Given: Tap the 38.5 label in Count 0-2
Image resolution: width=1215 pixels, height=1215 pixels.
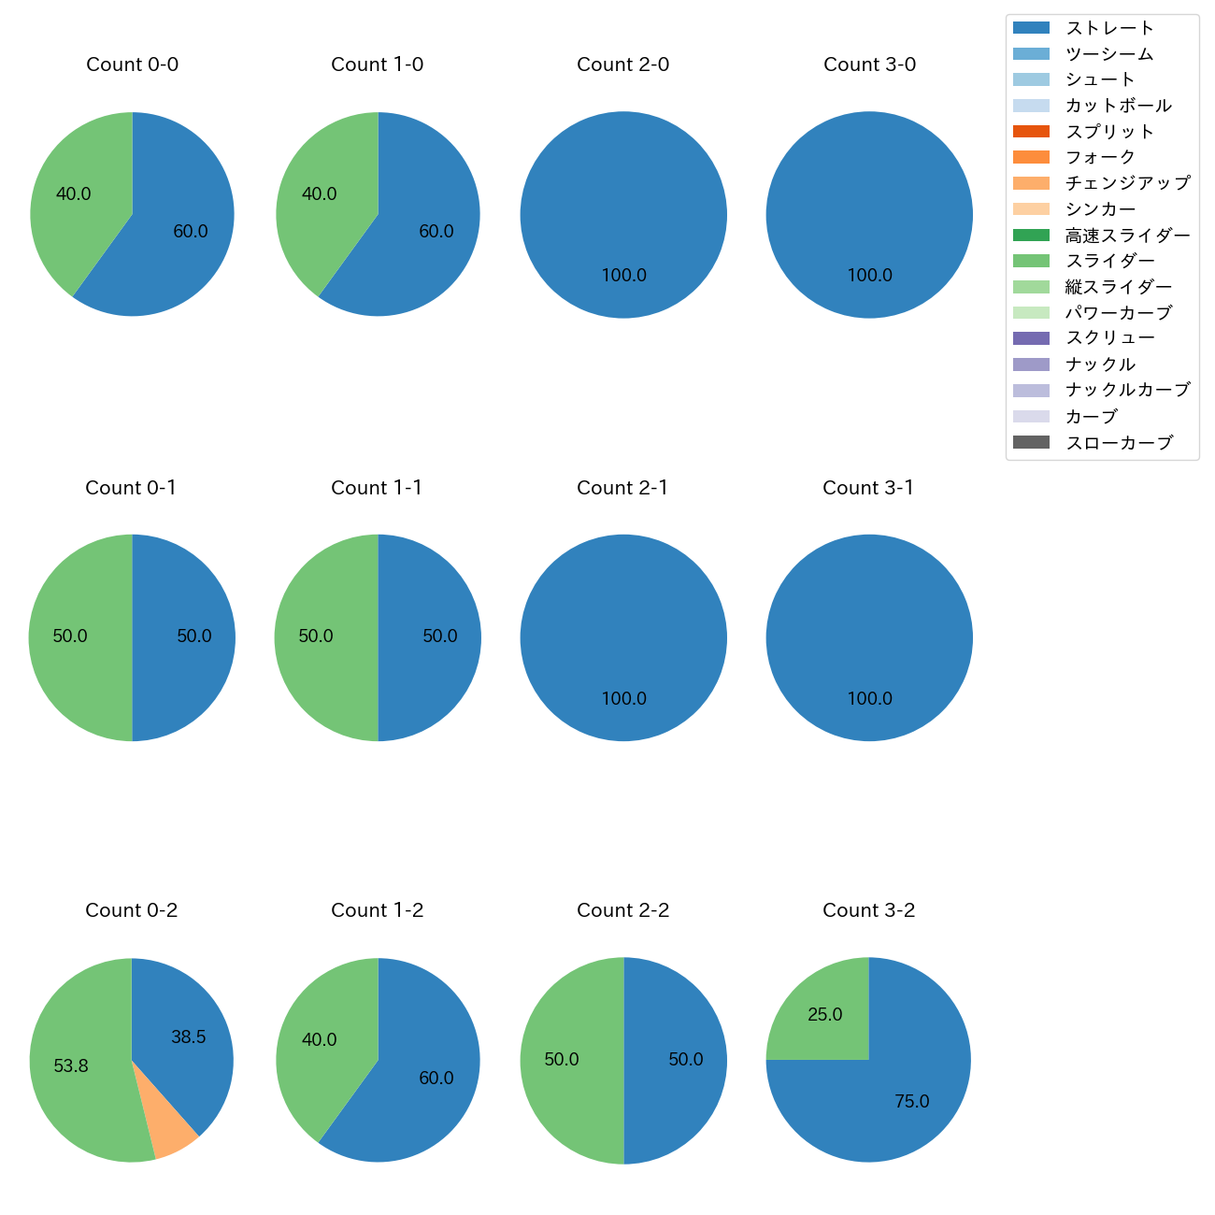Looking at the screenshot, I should click(x=189, y=1037).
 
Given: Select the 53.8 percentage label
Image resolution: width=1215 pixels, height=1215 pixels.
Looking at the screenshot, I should click(x=71, y=1065).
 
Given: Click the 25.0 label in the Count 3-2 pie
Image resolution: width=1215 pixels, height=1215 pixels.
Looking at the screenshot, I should click(x=825, y=1015).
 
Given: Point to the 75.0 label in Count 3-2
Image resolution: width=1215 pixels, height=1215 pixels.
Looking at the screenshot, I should click(x=912, y=1102).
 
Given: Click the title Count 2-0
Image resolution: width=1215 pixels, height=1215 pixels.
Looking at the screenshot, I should click(x=623, y=64).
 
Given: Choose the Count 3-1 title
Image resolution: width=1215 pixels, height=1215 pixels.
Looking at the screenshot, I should click(x=868, y=488).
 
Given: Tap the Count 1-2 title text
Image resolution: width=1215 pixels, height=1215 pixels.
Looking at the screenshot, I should click(x=378, y=910).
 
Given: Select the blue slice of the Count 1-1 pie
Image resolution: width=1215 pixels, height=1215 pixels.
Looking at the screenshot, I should click(x=430, y=637).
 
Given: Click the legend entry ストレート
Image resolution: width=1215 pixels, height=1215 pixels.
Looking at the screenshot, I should click(x=1109, y=28).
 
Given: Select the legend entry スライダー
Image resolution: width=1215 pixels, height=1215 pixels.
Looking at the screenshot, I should click(x=1109, y=261).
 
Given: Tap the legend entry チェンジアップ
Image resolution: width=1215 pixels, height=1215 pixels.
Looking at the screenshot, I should click(x=1127, y=183).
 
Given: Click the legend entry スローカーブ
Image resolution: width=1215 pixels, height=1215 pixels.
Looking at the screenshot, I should click(x=1119, y=443).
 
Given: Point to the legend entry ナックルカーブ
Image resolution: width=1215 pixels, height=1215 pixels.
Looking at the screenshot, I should click(x=1127, y=391).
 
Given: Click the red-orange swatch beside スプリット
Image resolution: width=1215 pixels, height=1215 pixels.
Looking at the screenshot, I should click(x=1031, y=132).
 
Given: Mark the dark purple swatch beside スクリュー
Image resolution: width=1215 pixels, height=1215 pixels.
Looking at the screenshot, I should click(x=1031, y=338).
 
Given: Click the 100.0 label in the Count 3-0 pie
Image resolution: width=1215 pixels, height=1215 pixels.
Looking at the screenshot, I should click(x=870, y=276).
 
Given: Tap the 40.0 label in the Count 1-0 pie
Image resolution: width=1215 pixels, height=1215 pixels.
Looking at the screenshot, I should click(x=320, y=194).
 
